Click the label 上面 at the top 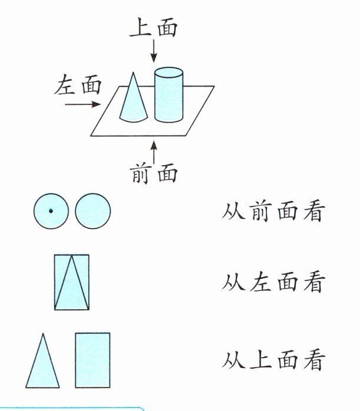click(154, 28)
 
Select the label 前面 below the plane click(154, 174)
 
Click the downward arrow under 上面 click(154, 51)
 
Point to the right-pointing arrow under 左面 click(79, 105)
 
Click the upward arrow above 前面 click(154, 153)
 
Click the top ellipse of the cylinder click(168, 73)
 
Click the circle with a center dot click(51, 211)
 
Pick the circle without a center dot click(93, 211)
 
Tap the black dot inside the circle click(51, 211)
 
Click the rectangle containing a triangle click(72, 282)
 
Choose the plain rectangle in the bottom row click(92, 360)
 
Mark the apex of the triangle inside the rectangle click(72, 256)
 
